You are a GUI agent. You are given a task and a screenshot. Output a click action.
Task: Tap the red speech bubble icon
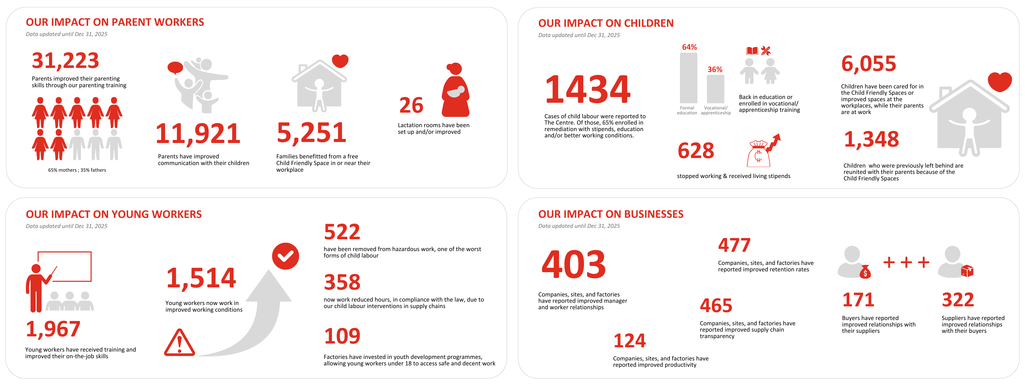pos(175,68)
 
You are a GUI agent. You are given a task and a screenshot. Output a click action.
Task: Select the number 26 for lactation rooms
pos(411,105)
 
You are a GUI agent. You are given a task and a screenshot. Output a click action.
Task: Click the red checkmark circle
pos(285,256)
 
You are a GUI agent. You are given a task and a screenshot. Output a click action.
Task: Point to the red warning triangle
pos(179,343)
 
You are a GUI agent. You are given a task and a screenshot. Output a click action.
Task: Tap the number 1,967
pos(53,329)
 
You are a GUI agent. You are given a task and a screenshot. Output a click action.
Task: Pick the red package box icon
pos(967,271)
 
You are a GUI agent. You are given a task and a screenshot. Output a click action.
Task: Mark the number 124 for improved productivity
pos(630,341)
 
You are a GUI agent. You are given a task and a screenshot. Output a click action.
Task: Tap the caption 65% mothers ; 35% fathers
pos(77,170)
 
